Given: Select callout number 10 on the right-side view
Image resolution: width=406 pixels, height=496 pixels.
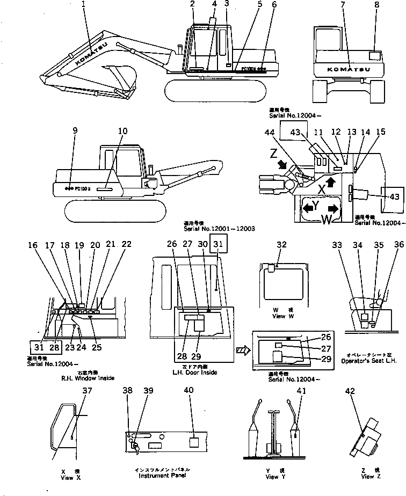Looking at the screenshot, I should [123, 131].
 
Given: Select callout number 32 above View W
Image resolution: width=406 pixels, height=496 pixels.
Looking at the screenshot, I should [281, 246].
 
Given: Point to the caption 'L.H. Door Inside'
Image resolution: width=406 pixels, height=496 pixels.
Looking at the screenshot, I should [194, 373].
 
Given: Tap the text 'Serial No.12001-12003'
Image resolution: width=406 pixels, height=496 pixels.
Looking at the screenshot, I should [219, 228].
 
